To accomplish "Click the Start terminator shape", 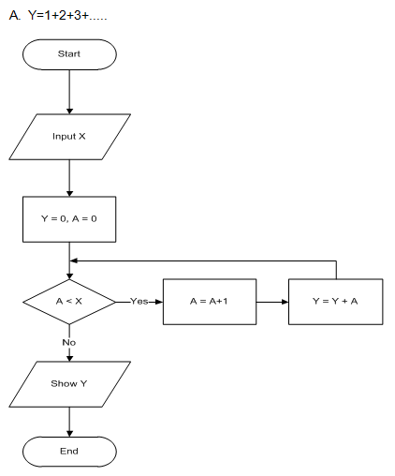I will [x=69, y=54].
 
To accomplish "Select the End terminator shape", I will [x=69, y=451].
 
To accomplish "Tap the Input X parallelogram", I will [x=69, y=137].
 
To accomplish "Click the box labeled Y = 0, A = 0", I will [x=69, y=219].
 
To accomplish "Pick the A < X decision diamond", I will [x=69, y=302].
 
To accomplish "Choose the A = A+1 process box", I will [x=210, y=302].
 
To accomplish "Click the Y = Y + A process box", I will [x=335, y=302].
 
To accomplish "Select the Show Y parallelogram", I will [x=69, y=384].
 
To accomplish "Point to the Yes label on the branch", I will [x=139, y=302].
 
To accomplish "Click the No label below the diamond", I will [x=69, y=343].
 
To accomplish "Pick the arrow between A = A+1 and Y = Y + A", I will [x=271, y=302].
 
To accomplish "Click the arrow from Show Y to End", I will [x=69, y=421].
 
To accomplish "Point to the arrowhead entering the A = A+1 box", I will [x=159, y=302].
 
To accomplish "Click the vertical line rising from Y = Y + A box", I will [x=335, y=270].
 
